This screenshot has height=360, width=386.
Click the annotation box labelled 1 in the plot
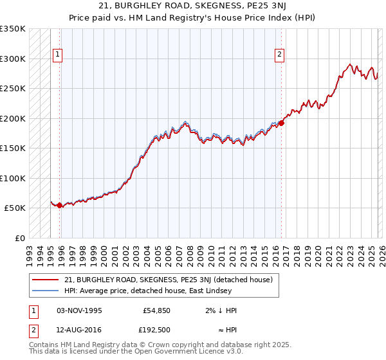click(x=58, y=55)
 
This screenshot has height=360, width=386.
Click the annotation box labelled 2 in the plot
click(x=280, y=55)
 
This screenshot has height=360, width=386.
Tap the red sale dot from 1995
click(x=60, y=206)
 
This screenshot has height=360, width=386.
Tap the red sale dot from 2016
click(x=281, y=123)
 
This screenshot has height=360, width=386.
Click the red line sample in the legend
click(x=45, y=280)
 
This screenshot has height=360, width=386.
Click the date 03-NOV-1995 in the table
click(x=79, y=310)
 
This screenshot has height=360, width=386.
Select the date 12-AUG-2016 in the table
click(x=79, y=331)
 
